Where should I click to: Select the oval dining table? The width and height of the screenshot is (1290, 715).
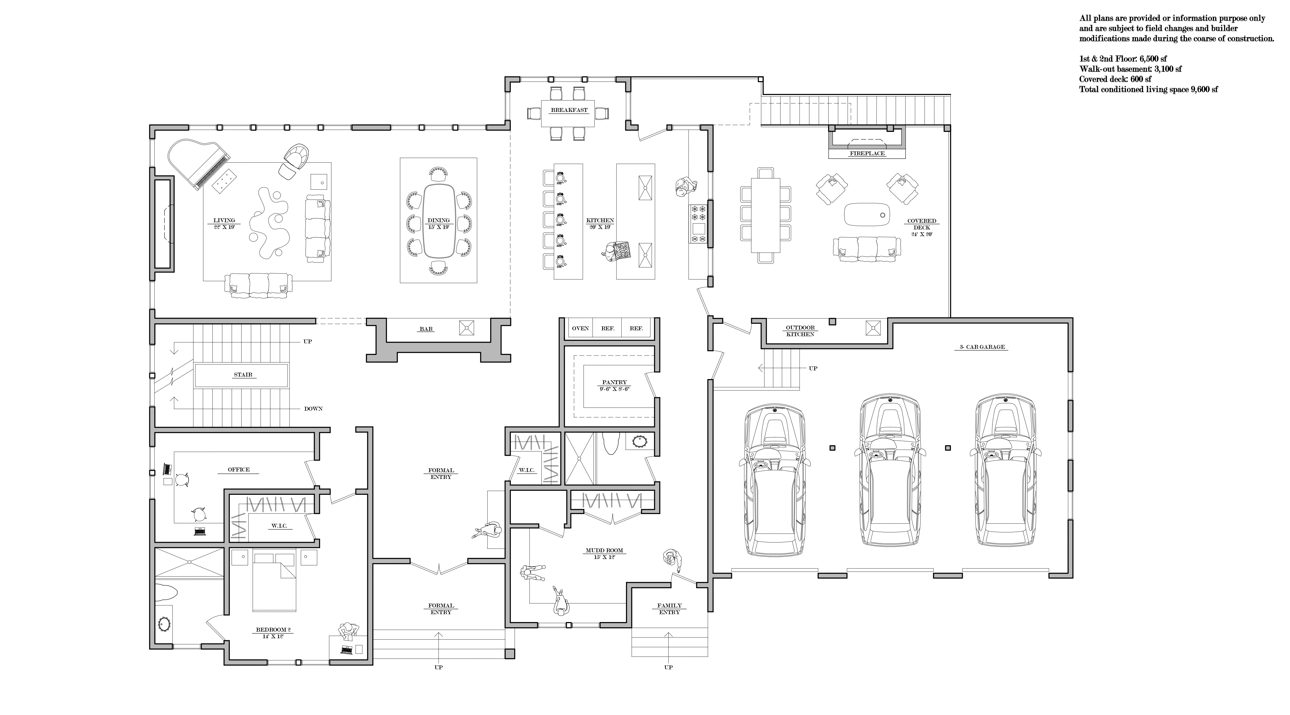[439, 220]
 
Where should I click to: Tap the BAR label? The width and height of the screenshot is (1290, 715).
[426, 329]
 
